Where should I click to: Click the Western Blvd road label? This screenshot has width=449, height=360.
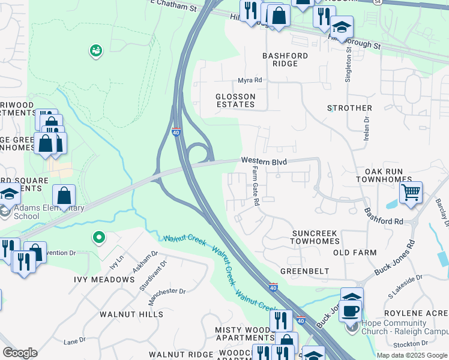point(264,161)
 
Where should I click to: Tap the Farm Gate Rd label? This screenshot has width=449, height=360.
point(255,187)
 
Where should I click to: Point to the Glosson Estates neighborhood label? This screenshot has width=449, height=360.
point(235,100)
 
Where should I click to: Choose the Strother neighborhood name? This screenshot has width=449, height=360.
point(349,108)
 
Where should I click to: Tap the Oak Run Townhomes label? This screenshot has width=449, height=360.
point(384,175)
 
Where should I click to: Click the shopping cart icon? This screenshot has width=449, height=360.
point(411,193)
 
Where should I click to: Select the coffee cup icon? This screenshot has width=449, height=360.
point(351,310)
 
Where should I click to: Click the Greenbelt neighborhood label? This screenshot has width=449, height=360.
point(304,271)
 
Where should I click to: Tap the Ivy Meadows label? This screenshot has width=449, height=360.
point(104,280)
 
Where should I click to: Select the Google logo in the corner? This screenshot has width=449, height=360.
point(20,353)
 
